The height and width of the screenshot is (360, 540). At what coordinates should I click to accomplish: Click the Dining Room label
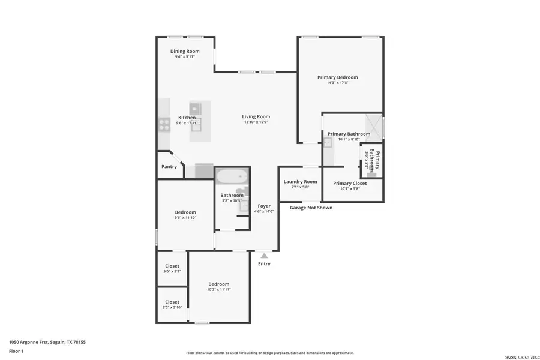(x=185, y=52)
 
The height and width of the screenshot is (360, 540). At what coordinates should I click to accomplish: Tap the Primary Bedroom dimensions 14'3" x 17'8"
(x=338, y=83)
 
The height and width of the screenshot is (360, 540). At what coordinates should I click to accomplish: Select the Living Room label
(x=256, y=116)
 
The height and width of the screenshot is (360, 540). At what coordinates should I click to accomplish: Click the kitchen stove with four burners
(x=164, y=125)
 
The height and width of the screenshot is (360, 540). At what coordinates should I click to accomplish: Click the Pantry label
(x=169, y=166)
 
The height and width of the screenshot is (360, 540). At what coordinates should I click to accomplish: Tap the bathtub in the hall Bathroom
(x=232, y=178)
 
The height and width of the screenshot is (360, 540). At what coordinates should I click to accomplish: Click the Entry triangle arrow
(x=264, y=256)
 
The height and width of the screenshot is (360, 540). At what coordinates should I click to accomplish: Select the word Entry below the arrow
(x=264, y=264)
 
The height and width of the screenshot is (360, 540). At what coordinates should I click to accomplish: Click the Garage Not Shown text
(x=311, y=208)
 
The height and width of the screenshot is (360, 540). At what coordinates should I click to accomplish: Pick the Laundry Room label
(x=300, y=181)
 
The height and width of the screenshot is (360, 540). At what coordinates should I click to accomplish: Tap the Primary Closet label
(x=350, y=183)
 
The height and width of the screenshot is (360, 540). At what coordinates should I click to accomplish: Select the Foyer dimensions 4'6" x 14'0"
(x=264, y=211)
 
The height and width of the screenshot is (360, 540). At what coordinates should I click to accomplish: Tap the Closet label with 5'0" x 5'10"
(x=172, y=302)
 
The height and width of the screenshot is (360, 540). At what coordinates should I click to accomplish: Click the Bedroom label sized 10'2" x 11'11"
(x=219, y=284)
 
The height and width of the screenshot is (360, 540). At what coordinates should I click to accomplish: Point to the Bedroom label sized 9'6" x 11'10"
(x=185, y=212)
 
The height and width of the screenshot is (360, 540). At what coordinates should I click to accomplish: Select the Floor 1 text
(x=16, y=351)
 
